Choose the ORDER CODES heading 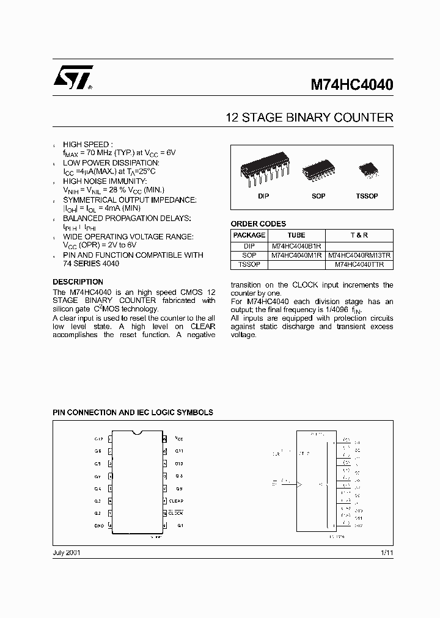(x=258, y=224)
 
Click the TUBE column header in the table (x=296, y=235)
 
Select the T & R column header (x=359, y=235)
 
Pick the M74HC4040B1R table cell (x=296, y=245)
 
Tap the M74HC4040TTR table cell (x=359, y=265)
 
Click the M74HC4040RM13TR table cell (x=359, y=255)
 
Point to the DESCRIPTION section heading (x=78, y=282)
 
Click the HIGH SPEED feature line (x=88, y=144)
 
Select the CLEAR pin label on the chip (x=176, y=501)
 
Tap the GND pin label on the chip (x=98, y=526)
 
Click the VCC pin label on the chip (x=179, y=438)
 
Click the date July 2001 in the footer (x=67, y=552)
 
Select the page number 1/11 (x=386, y=552)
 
